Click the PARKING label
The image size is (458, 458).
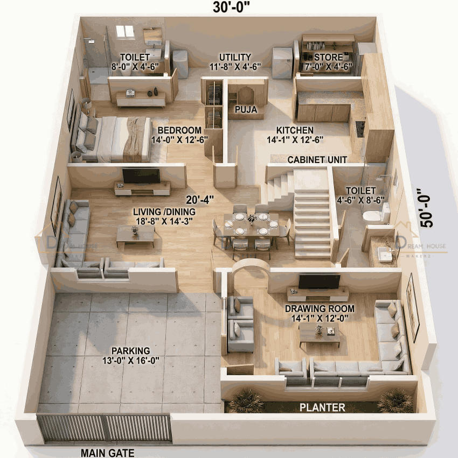128,350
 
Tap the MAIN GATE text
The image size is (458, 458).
107,453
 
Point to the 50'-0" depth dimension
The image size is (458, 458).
428,208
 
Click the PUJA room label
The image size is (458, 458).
245,110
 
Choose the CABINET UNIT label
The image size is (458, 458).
317,160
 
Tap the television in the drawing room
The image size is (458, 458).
320,281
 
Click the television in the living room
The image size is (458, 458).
141,175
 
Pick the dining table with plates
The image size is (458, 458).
251,225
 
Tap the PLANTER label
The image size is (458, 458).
322,407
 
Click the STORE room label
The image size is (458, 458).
328,57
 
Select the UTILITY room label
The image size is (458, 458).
235,57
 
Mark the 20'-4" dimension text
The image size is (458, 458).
200,199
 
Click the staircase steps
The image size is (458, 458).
312,221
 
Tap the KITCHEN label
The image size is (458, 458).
295,130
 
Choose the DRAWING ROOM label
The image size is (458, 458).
320,309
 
